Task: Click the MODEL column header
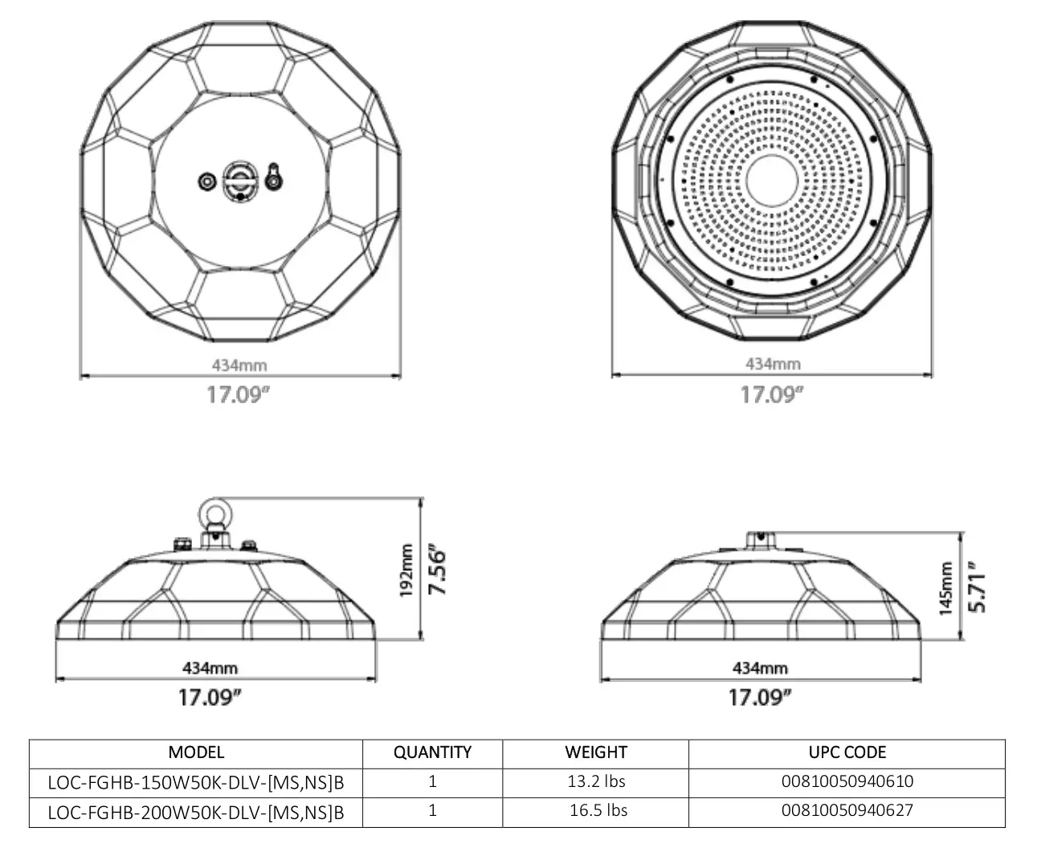click(196, 753)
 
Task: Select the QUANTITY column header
click(432, 753)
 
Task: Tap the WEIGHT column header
click(595, 753)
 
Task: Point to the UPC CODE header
click(847, 753)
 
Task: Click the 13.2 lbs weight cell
click(596, 781)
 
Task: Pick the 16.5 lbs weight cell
click(598, 810)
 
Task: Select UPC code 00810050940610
click(847, 781)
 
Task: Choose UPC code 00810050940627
click(847, 810)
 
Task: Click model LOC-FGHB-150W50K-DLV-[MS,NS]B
click(196, 782)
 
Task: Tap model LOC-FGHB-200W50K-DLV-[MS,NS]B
click(196, 811)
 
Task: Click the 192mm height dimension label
click(406, 571)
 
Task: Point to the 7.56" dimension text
click(437, 571)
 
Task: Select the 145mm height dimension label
click(945, 588)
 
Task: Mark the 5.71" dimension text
click(977, 588)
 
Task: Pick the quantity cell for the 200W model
click(432, 810)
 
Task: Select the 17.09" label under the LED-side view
click(772, 395)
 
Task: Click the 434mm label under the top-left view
click(239, 365)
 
